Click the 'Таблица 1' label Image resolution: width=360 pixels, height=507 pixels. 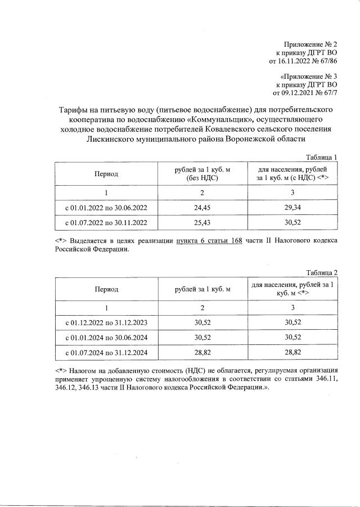coord(321,157)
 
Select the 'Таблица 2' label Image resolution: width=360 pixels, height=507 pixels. coord(321,273)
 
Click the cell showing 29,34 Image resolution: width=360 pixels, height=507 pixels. coord(292,208)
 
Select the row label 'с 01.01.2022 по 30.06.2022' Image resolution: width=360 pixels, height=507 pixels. coord(106,208)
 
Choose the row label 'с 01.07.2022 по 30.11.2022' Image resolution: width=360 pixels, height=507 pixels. coord(106,223)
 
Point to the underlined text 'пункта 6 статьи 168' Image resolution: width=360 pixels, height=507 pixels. coord(209,241)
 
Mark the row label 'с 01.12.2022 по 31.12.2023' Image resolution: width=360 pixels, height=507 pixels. coord(106,323)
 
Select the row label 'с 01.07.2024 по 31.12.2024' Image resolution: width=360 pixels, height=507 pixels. coord(106,353)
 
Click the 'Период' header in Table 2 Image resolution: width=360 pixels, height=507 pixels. coord(106,289)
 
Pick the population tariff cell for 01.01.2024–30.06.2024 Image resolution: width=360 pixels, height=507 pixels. coord(292,338)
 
